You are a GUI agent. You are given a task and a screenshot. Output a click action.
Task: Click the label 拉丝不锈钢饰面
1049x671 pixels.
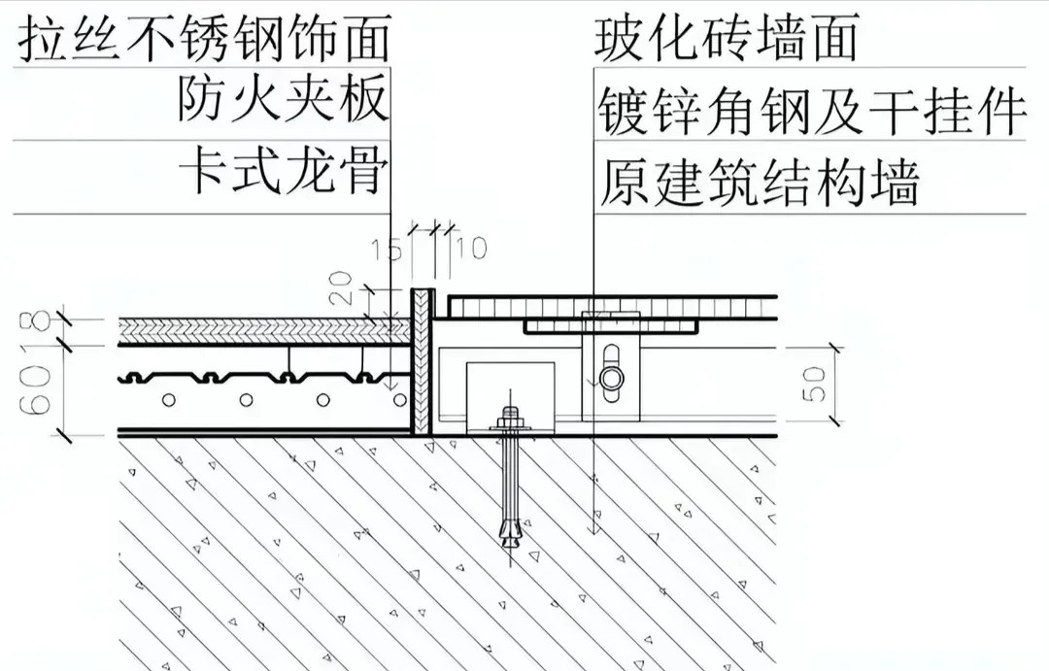(204, 39)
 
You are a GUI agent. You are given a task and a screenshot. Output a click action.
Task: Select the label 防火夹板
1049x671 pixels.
(283, 99)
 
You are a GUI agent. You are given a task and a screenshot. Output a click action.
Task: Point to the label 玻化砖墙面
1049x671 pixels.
(726, 39)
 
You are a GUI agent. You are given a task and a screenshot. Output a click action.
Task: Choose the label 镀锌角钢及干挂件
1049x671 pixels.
(811, 111)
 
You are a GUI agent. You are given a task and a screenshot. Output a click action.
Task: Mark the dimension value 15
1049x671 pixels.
(387, 250)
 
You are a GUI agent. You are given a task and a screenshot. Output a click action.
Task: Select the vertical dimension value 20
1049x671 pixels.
(340, 287)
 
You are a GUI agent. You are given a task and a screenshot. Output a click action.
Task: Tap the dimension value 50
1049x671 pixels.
(813, 385)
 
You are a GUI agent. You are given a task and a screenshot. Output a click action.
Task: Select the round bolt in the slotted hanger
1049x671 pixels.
(611, 378)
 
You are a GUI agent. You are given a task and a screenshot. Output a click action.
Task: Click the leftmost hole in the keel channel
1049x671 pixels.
(169, 400)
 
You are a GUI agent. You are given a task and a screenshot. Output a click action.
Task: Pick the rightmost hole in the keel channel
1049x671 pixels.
(399, 400)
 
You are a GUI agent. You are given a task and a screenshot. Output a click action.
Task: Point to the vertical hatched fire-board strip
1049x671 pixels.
(422, 362)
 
